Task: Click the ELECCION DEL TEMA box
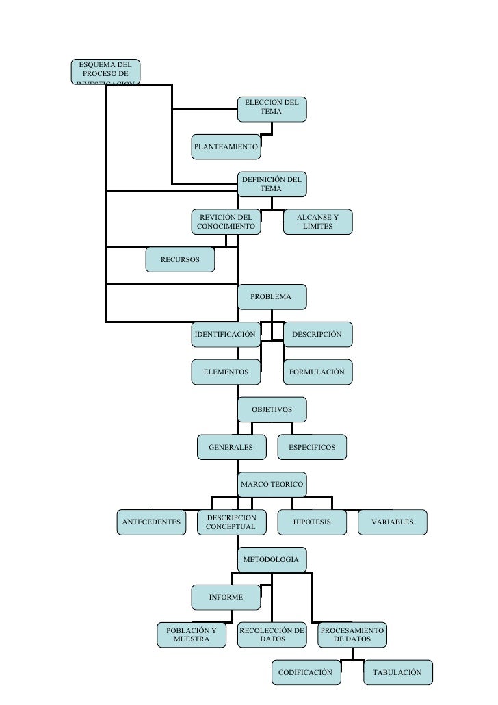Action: [272, 108]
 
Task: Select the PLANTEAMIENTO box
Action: [226, 146]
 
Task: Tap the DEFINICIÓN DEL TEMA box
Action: [272, 183]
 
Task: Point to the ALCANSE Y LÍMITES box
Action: [317, 222]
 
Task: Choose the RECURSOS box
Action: [180, 260]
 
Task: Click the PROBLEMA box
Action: [272, 297]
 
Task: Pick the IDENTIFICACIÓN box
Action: [226, 335]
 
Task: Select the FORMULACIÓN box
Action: [317, 372]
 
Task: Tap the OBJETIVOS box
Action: [272, 410]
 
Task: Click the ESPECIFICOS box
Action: [312, 448]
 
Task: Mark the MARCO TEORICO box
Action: [272, 485]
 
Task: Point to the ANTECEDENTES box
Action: [151, 522]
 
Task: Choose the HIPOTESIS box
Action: [312, 522]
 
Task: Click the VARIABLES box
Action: [393, 522]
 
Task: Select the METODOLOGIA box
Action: [272, 560]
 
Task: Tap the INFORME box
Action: [226, 598]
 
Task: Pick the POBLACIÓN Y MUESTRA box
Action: [191, 634]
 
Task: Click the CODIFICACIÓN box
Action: [306, 673]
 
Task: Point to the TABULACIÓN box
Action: [397, 673]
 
